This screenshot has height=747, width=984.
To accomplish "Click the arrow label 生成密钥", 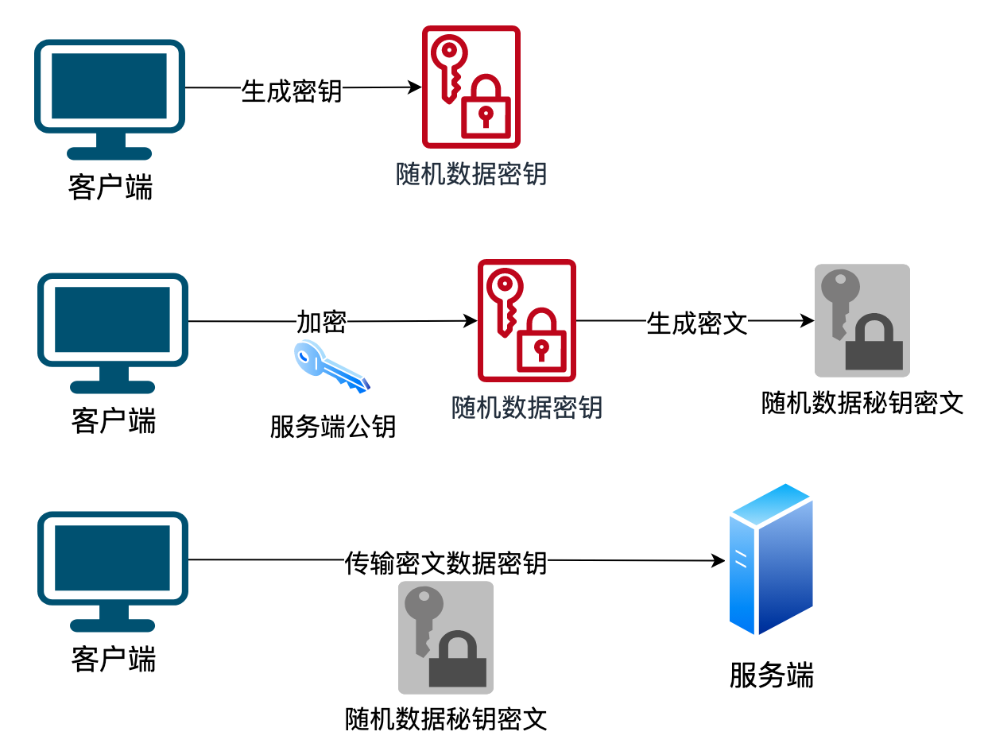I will click(291, 90).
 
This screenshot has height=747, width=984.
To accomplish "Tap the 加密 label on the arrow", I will click(321, 322).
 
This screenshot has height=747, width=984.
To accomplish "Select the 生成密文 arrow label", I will click(697, 323).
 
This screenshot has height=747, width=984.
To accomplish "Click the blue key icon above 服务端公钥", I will click(331, 366).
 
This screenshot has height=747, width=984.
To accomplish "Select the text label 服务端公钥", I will click(332, 427).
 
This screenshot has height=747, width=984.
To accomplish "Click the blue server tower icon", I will click(770, 559).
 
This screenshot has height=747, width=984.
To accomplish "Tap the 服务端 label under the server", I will click(771, 675).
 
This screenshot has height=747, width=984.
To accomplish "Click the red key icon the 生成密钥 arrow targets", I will click(471, 87).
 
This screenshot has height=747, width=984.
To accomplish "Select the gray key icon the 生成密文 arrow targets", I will click(862, 320).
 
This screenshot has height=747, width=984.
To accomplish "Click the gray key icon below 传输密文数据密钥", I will click(445, 637).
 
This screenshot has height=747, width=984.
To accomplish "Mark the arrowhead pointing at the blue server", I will click(719, 561).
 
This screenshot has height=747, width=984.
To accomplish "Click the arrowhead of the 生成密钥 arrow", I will click(415, 87).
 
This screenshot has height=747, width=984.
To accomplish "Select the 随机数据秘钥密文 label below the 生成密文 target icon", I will click(862, 403).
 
